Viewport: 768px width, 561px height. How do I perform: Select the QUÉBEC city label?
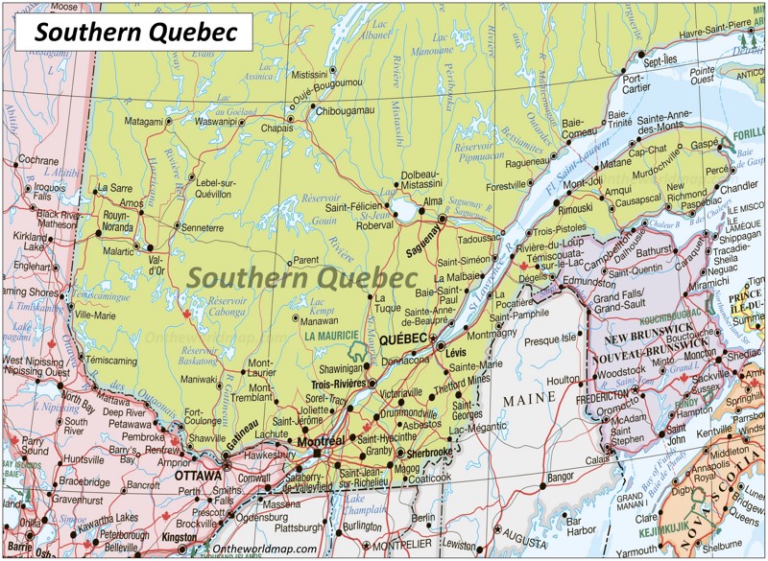[403, 339]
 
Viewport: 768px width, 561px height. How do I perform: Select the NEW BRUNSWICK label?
[654, 340]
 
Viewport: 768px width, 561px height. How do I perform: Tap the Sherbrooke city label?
[428, 452]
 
